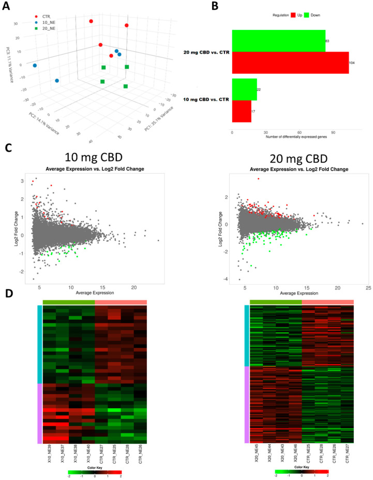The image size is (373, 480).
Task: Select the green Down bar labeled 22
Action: tap(244, 89)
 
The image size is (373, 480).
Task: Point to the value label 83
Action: tap(328, 40)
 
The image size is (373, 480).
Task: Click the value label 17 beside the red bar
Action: tap(253, 111)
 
